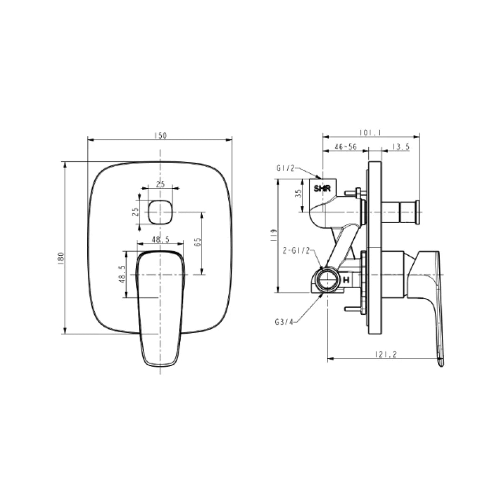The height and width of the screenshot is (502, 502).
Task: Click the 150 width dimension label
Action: pos(160,135)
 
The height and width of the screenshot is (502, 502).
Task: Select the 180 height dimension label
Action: pos(60,258)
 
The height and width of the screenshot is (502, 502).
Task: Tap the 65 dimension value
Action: pos(198,242)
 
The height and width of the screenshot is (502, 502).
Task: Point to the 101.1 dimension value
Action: pos(371,133)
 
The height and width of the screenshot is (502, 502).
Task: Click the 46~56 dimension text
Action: pos(345,146)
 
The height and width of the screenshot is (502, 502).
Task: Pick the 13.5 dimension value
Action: pos(400,146)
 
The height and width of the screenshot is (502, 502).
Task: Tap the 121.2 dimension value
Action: pos(386,355)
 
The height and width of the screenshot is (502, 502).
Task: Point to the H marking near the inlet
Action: pos(346,280)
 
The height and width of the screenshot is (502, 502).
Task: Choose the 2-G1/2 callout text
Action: pos(296,251)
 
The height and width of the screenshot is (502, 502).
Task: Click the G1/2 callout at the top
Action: pos(285,169)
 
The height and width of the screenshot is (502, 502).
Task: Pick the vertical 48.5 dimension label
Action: pos(122,274)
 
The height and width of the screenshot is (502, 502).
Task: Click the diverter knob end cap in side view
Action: pos(418,211)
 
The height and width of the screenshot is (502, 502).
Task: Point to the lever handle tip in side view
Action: pos(440,362)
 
